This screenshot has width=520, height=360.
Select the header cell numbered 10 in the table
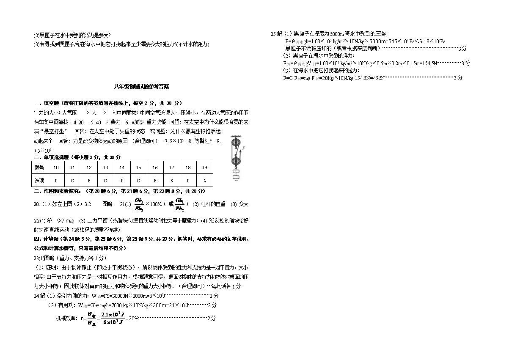point(56,168)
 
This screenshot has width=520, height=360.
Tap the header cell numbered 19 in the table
point(204,168)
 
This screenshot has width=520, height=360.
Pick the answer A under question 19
point(204,180)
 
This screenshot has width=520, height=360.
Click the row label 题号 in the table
point(39,168)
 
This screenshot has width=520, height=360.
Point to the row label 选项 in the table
point(39,180)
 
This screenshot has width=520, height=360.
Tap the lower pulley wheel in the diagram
point(236,160)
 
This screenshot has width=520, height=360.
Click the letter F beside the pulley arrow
point(244,148)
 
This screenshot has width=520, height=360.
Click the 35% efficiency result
point(133,319)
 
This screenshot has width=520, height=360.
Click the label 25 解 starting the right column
point(276,34)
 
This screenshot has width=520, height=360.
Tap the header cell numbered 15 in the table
point(138,168)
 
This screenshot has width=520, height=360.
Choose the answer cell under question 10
point(56,180)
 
